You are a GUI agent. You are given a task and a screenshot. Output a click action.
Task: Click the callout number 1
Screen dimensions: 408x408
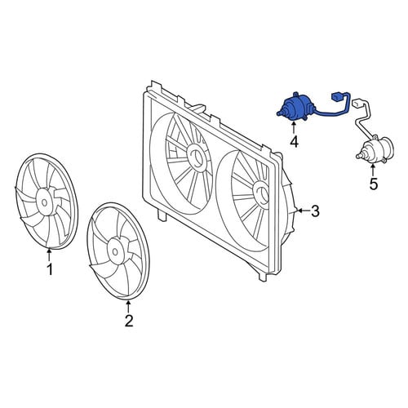tap(50, 269)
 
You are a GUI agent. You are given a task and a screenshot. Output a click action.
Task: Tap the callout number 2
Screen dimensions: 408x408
tap(129, 321)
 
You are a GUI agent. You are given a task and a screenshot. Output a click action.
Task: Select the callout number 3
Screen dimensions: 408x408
tap(315, 211)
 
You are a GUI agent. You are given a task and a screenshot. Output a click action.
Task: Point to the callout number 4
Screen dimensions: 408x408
tap(294, 141)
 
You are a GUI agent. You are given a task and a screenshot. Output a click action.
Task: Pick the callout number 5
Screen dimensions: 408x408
tap(374, 184)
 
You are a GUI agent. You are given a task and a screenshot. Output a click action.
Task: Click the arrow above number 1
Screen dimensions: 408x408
tap(49, 255)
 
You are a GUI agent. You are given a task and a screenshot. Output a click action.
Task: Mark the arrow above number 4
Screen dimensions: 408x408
tap(294, 127)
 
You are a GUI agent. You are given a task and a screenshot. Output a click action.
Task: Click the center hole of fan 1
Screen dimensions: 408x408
tap(44, 202)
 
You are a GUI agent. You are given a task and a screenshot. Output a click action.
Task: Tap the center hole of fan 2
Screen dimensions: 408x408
tap(115, 251)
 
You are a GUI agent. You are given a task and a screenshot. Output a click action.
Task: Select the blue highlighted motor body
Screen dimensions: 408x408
tap(293, 108)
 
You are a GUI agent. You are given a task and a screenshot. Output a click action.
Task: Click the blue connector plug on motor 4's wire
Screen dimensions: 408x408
tap(336, 96)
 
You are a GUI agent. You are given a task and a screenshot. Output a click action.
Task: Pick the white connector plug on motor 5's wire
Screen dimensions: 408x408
tap(357, 103)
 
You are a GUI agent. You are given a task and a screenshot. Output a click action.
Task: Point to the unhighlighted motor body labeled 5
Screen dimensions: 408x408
tap(377, 149)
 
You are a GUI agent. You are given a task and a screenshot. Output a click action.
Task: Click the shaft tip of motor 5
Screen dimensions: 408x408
tap(357, 156)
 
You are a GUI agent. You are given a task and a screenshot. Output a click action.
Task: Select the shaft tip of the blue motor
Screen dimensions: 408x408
tap(278, 114)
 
